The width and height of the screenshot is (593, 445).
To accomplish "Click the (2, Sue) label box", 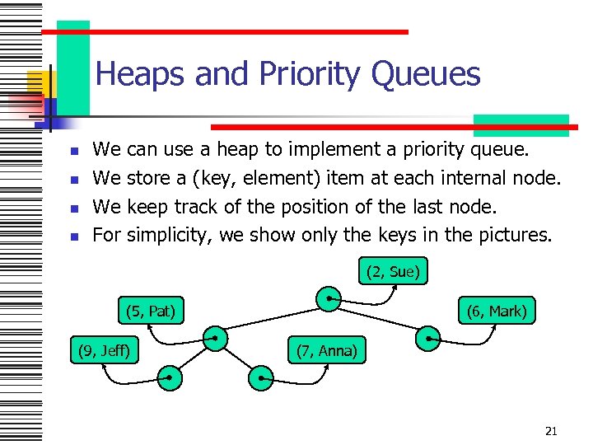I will coord(394,272).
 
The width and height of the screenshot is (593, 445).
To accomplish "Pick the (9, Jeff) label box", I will coord(104,351).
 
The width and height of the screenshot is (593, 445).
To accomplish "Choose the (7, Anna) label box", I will coord(326,351).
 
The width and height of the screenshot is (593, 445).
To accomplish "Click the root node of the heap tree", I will coord(330,298).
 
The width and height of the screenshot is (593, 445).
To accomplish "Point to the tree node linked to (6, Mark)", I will coord(428,337).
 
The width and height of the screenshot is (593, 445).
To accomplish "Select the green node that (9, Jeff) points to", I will coord(169,377).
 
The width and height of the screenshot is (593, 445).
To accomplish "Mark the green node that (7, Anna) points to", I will coord(260,377).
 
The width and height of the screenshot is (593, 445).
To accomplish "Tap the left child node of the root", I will coord(215,337).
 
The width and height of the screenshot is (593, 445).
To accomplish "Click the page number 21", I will coord(552,431).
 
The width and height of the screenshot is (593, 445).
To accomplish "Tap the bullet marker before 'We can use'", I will coord(73,152).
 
